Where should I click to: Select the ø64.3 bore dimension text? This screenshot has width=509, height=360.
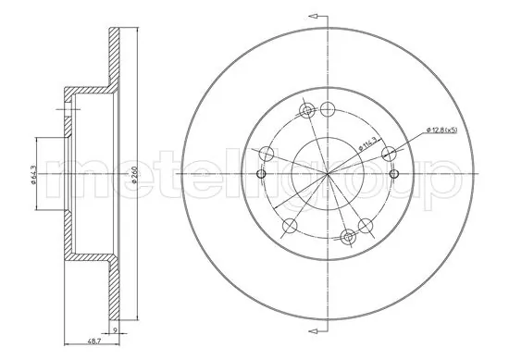tap(33, 173)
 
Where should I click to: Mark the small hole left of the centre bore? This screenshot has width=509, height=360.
tap(260, 174)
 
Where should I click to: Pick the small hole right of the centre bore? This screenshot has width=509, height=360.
tap(394, 174)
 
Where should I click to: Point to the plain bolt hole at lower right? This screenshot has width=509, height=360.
tap(366, 225)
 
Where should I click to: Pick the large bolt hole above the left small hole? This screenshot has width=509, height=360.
tap(266, 154)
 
